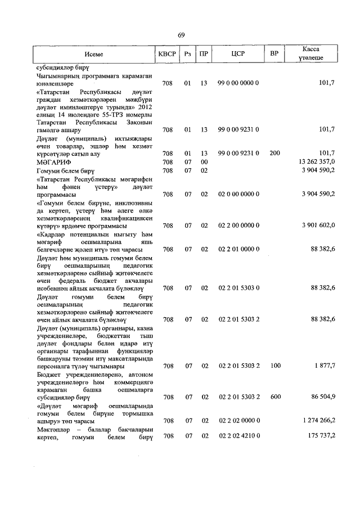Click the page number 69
point(182,35)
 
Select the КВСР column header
point(167,54)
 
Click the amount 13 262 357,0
point(318,161)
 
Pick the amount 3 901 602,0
point(318,225)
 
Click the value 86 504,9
point(323,397)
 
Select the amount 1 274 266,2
point(318,420)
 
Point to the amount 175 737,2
point(321,436)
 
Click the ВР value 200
point(274,153)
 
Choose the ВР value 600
point(274,397)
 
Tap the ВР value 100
point(274,366)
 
